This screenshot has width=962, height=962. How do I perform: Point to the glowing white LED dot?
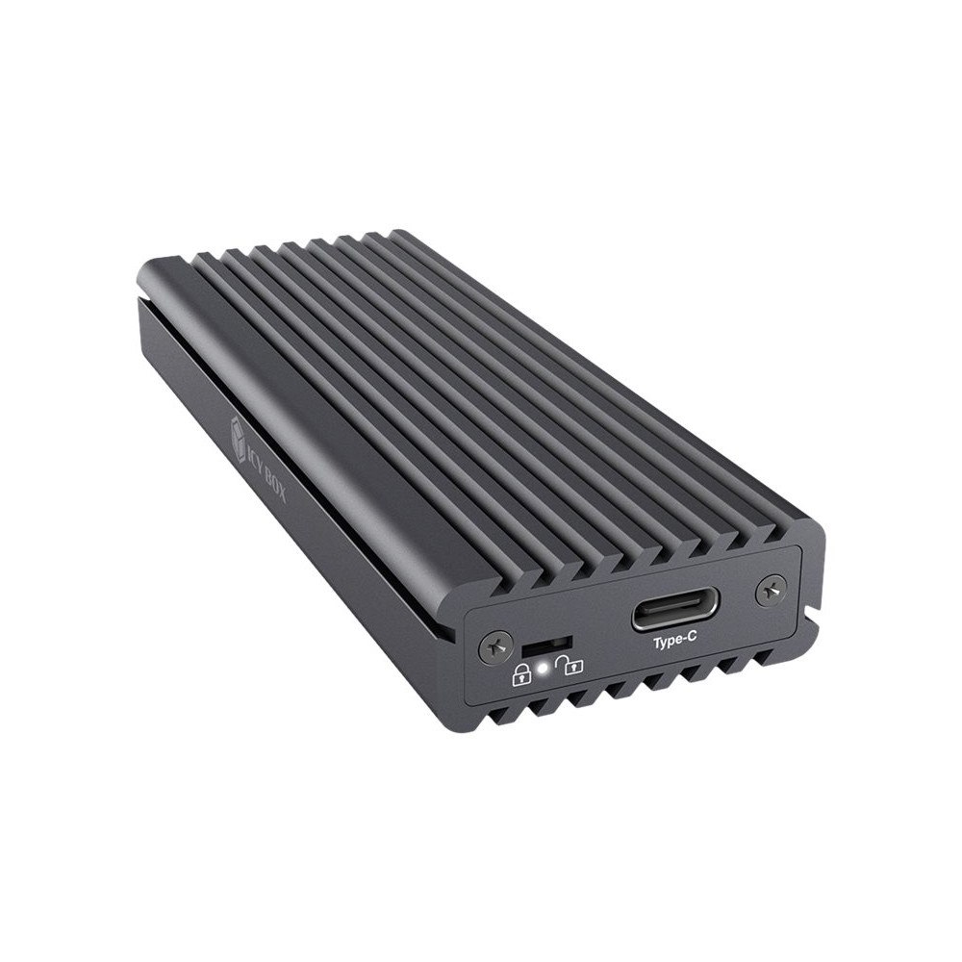click(544, 663)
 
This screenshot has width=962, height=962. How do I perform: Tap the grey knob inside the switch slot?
click(535, 644)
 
